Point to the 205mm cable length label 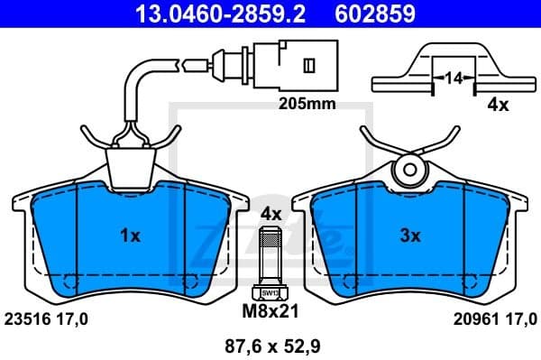[x=307, y=104]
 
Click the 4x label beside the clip [x=498, y=105]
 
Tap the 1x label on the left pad [x=130, y=236]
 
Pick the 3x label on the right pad [x=410, y=236]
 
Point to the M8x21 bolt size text [x=270, y=313]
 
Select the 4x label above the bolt [x=270, y=214]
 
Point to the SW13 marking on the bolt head [x=269, y=292]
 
